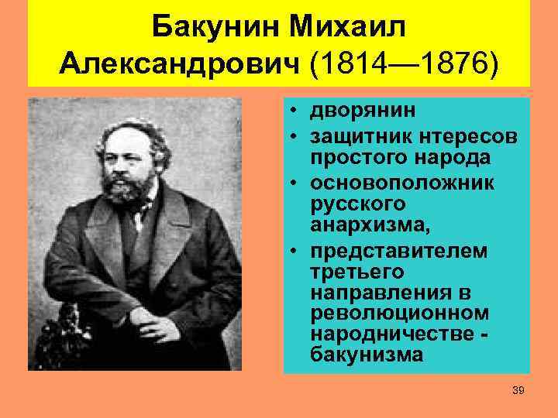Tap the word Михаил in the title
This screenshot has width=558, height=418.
(349, 29)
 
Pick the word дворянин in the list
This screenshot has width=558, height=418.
(362, 111)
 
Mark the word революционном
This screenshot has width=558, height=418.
(399, 313)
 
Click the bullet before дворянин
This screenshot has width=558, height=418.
(296, 111)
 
